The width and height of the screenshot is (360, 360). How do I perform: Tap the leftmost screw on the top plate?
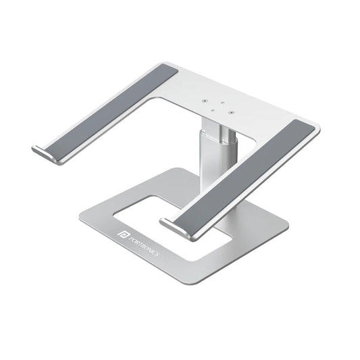pyautogui.click(x=204, y=99)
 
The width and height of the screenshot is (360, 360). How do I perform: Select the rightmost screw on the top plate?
pyautogui.click(x=231, y=113)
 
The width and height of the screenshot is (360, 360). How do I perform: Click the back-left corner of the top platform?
pyautogui.click(x=169, y=66)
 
